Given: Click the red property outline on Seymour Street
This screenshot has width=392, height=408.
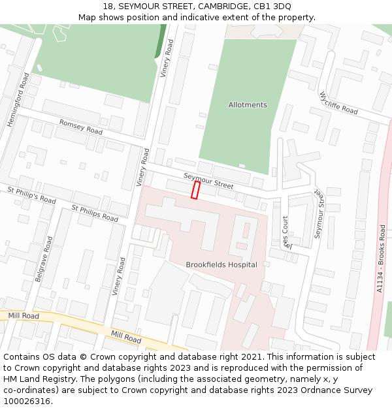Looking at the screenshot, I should point(195,190).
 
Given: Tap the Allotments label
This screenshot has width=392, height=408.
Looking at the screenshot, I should point(248,104).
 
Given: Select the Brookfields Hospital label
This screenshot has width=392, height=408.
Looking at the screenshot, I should point(221,264).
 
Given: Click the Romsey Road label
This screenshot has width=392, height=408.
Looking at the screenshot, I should point(81,127).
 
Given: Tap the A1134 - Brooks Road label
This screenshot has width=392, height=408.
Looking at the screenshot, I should point(382,259).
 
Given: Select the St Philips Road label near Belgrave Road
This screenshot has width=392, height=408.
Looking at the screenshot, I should point(95,213).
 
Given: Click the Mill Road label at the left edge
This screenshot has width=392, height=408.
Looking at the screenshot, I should point(24,316).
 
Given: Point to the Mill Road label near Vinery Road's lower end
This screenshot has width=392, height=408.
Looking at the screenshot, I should point(126,337).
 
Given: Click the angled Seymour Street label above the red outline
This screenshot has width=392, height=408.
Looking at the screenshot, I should point(208,181).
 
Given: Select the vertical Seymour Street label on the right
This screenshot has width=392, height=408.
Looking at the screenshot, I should point(319,214).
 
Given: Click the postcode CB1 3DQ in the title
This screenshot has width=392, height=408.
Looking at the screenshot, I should point(273,6).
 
